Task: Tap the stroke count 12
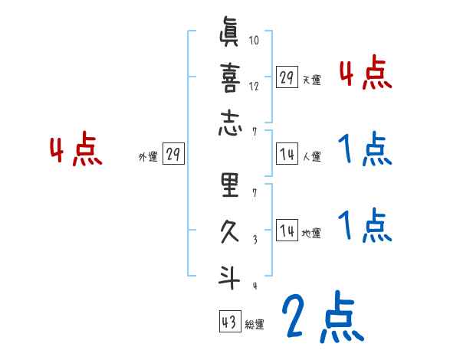click(255, 86)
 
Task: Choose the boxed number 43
click(229, 321)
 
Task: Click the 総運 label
click(255, 325)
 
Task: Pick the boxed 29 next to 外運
click(172, 154)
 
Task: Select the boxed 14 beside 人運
click(287, 153)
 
